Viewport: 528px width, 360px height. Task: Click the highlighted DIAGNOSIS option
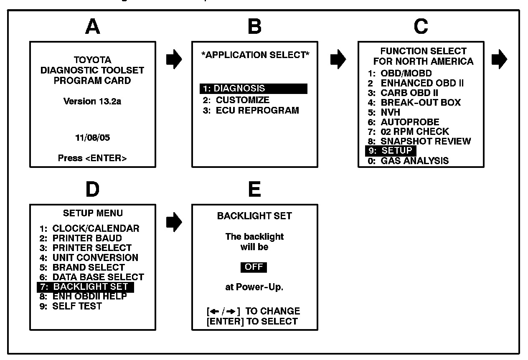tap(253, 89)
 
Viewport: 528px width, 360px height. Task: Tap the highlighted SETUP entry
tap(390, 151)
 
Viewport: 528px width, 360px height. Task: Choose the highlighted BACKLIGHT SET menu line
tap(85, 287)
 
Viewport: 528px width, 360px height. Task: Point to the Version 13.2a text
tap(92, 101)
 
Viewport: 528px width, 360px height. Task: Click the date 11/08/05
tap(92, 137)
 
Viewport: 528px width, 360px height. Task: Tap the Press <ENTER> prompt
tap(92, 158)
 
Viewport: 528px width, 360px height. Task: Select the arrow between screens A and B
tap(177, 60)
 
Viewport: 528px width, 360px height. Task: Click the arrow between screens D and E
tap(177, 223)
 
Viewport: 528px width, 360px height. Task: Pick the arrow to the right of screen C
tap(499, 60)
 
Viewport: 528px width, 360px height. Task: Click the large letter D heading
tap(92, 190)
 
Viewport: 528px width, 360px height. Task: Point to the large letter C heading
tap(421, 27)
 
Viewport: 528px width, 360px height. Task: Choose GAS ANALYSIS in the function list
tap(408, 161)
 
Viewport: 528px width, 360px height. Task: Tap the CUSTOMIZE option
tap(236, 100)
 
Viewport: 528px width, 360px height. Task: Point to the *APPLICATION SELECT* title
tap(255, 55)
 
